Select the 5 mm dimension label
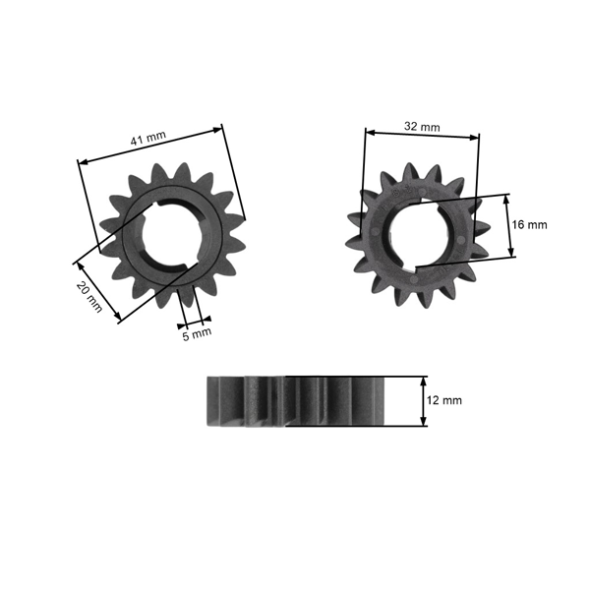(x=198, y=332)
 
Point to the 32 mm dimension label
(x=422, y=127)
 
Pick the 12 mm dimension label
(x=444, y=400)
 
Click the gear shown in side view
(x=295, y=400)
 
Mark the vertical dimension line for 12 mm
(x=424, y=400)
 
